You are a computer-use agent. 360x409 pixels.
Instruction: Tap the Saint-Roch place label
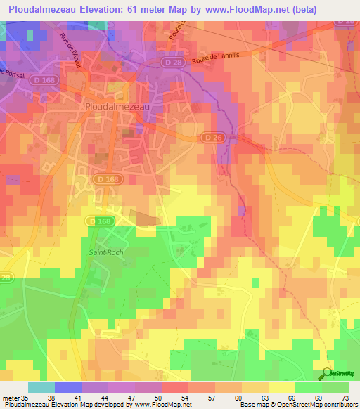tap(106, 252)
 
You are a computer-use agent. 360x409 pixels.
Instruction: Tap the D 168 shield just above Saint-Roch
tap(101, 221)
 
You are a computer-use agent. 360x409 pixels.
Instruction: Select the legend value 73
tap(345, 398)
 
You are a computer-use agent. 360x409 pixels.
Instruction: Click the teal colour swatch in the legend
tap(41, 387)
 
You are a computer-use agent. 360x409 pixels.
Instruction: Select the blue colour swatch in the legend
tap(68, 387)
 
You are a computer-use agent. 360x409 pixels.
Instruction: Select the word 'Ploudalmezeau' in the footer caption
tap(24, 405)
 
